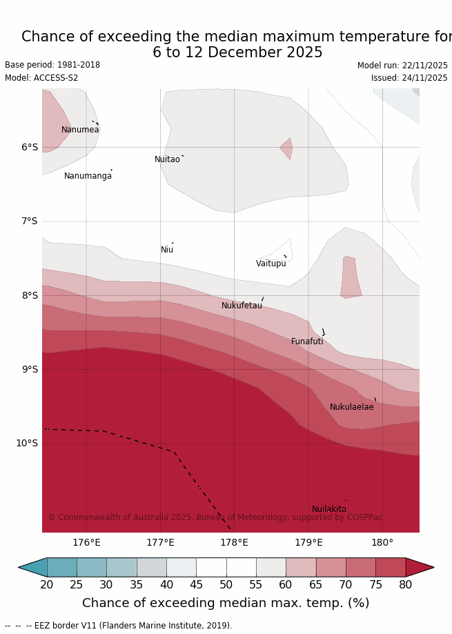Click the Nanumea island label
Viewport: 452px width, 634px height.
(80, 130)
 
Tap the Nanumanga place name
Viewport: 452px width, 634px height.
(88, 176)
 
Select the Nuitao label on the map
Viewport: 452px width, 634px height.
(167, 159)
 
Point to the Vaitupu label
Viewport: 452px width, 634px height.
(271, 264)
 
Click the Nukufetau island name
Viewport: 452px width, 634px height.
(242, 306)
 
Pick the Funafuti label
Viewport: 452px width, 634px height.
(307, 341)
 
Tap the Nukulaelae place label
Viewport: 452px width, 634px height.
(351, 407)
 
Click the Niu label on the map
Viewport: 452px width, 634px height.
(167, 250)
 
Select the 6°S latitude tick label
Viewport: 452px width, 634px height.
(29, 147)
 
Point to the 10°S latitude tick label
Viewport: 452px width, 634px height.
(27, 443)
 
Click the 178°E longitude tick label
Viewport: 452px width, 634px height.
(234, 542)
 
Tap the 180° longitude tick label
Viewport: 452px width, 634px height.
(382, 542)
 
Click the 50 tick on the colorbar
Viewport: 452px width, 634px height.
(226, 585)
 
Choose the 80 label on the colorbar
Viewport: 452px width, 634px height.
(406, 585)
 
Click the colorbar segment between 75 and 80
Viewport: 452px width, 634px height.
(391, 567)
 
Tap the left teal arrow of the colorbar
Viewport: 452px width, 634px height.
(32, 567)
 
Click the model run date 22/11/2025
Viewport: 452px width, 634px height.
(423, 66)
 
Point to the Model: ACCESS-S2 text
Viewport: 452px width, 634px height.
(41, 78)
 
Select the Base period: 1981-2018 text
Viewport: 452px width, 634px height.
(52, 65)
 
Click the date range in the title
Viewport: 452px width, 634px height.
(237, 52)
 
